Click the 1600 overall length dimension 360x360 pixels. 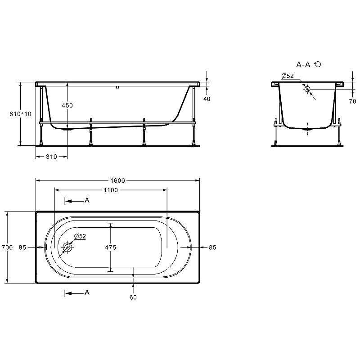click(117, 181)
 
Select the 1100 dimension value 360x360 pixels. click(111, 190)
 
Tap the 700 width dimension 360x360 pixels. click(7, 247)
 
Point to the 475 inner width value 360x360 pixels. click(110, 247)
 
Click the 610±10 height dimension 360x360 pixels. click(20, 114)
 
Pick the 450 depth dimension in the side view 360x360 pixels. click(67, 105)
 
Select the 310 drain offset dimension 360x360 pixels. click(51, 157)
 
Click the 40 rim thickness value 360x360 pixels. click(207, 99)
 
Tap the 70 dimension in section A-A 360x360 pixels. click(352, 101)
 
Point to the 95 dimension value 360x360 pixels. click(22, 247)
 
